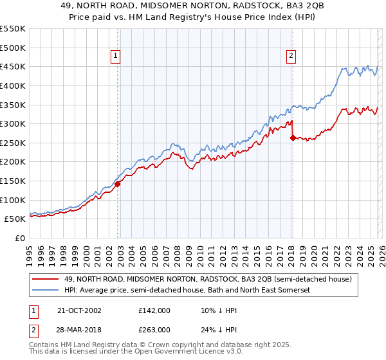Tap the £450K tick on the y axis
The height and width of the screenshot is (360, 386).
(13, 66)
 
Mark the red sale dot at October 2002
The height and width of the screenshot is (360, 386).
(118, 184)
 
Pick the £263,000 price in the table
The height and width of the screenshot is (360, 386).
(154, 330)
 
